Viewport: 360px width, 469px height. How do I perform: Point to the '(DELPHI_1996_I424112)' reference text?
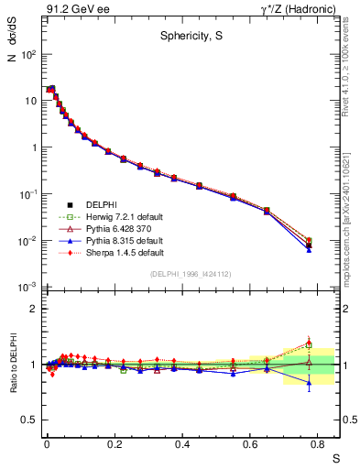click(190, 274)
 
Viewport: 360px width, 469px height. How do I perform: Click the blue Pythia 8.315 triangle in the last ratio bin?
click(309, 385)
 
